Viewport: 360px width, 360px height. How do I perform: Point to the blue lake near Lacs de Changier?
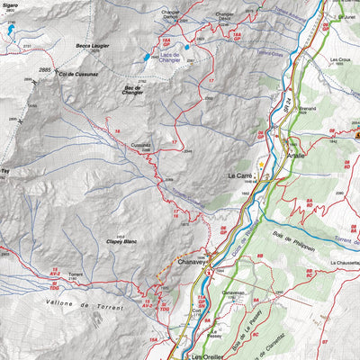click(x=146, y=58)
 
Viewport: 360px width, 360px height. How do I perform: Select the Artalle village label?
click(x=296, y=154)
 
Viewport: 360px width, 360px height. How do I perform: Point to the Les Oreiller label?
click(x=212, y=357)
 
